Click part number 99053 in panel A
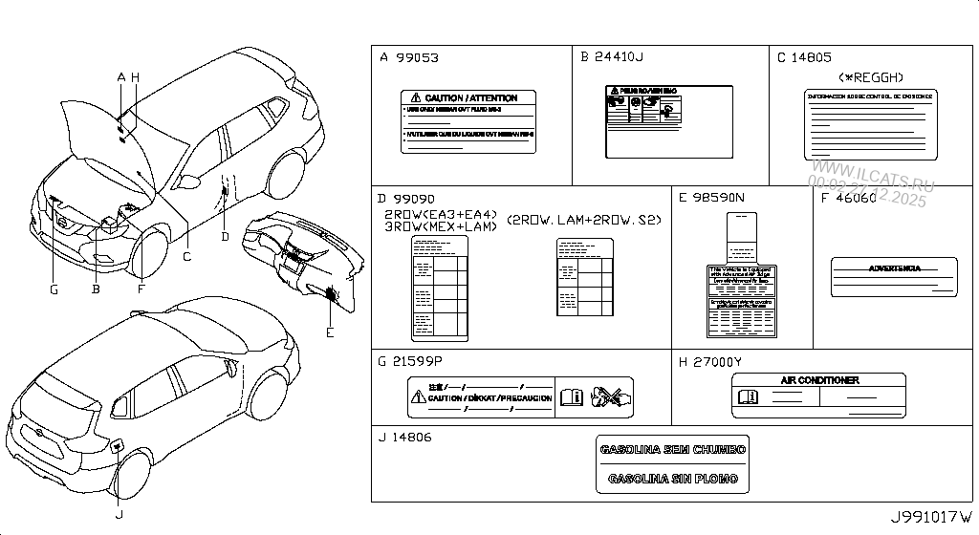pyautogui.click(x=418, y=58)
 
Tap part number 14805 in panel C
pyautogui.click(x=811, y=58)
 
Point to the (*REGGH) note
pyautogui.click(x=870, y=77)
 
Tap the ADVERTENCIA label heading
pyautogui.click(x=894, y=268)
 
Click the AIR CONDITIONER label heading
pyautogui.click(x=819, y=380)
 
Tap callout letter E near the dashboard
pyautogui.click(x=329, y=332)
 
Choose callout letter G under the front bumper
pyautogui.click(x=54, y=289)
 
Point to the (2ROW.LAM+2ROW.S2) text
pyautogui.click(x=583, y=220)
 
